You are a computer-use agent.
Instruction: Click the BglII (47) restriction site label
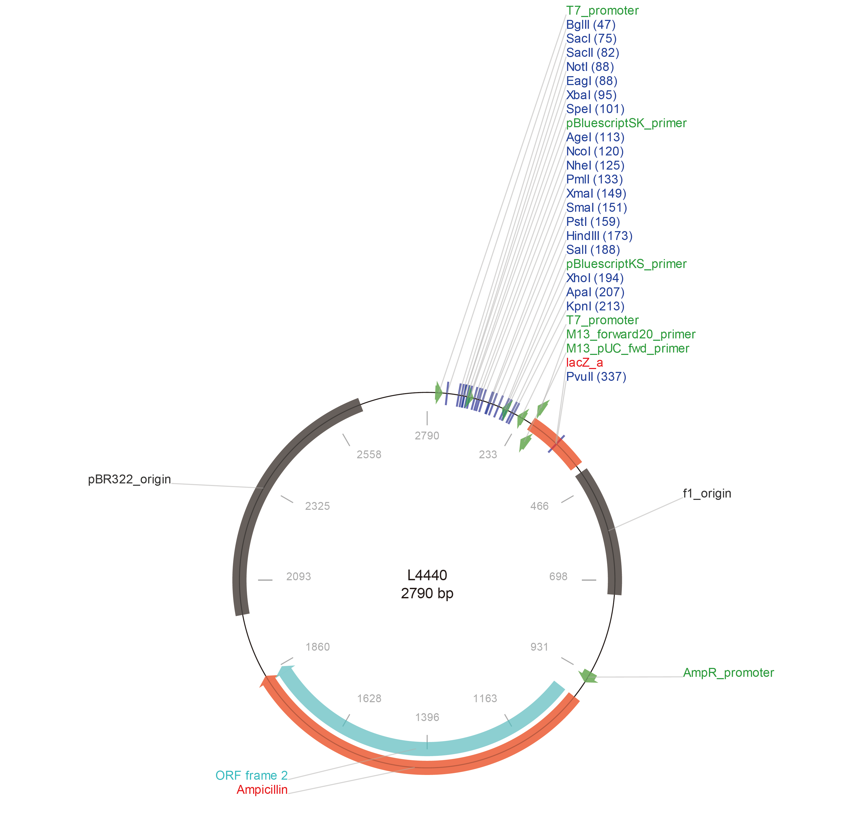591,25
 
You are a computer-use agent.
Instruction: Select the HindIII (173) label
599,236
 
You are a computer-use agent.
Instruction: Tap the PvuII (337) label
596,377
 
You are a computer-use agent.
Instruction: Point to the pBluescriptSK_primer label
626,124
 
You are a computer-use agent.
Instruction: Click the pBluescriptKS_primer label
626,264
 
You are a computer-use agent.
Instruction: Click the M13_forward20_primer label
630,335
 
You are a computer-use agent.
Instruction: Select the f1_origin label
707,494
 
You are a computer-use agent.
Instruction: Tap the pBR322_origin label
130,479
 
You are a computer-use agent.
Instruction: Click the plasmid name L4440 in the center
427,576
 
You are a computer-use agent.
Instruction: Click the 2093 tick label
299,577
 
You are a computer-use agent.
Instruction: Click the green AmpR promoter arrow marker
588,676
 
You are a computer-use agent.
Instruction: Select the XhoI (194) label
595,278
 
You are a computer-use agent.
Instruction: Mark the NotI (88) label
590,67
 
